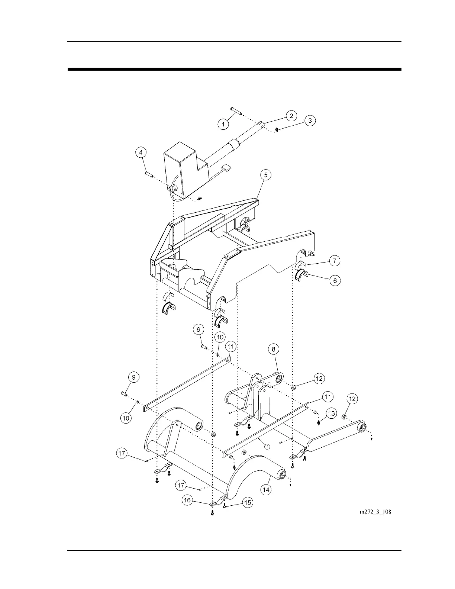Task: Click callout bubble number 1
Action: point(223,124)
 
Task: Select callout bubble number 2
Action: point(291,116)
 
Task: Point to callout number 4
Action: point(141,152)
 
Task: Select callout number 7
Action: point(334,261)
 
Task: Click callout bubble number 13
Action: point(331,413)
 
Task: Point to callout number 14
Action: point(266,490)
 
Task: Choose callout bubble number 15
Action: point(247,502)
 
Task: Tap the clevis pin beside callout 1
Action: point(236,109)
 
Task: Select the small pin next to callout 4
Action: point(148,173)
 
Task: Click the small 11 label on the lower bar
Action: point(267,446)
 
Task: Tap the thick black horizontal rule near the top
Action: point(234,69)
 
